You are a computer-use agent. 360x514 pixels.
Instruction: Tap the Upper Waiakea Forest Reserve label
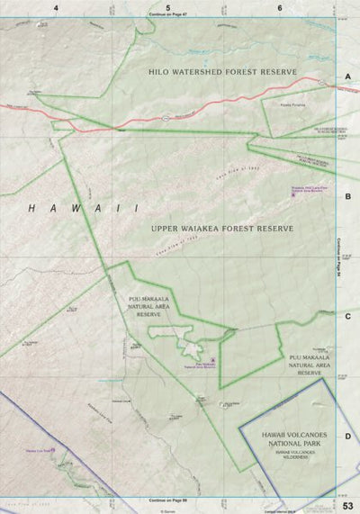click(223, 229)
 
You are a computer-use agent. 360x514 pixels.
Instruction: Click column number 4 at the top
click(55, 7)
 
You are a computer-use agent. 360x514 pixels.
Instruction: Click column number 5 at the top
click(168, 7)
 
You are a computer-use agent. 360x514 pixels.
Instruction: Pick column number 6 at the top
click(281, 7)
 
